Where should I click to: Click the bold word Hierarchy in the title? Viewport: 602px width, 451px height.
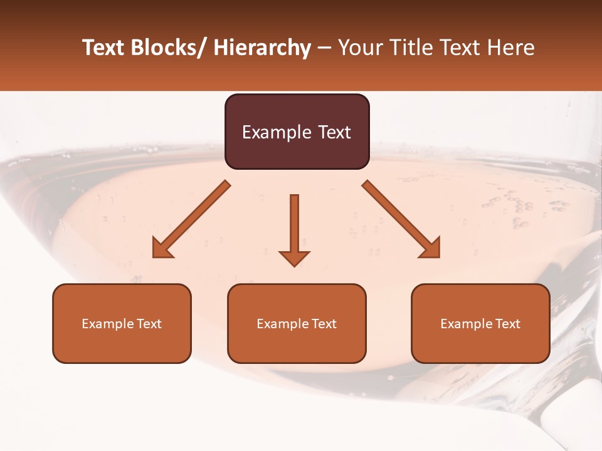pyautogui.click(x=262, y=48)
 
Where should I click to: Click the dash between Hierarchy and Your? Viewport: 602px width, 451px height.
pyautogui.click(x=324, y=48)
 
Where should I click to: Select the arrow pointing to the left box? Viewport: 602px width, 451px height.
pyautogui.click(x=191, y=219)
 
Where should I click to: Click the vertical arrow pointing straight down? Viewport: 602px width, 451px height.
pyautogui.click(x=294, y=225)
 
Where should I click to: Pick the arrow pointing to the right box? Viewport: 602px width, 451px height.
pyautogui.click(x=401, y=219)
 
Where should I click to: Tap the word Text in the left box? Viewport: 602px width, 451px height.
pyautogui.click(x=149, y=324)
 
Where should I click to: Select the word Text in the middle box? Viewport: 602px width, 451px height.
pyautogui.click(x=324, y=324)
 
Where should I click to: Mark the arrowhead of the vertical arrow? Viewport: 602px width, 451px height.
pyautogui.click(x=294, y=258)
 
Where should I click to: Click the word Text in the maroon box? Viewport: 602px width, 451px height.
pyautogui.click(x=333, y=132)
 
